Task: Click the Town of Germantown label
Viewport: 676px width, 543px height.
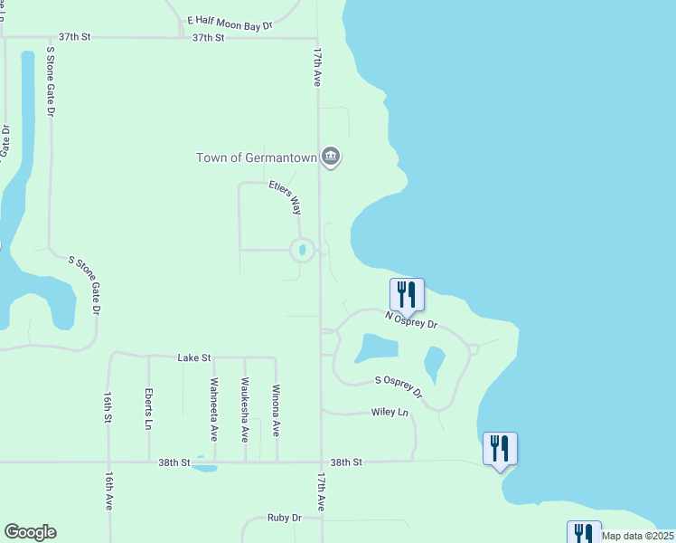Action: click(x=257, y=157)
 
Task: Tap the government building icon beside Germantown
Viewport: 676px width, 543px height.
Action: click(x=331, y=157)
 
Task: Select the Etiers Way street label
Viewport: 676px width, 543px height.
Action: click(x=285, y=197)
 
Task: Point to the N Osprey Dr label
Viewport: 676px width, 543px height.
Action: click(x=411, y=319)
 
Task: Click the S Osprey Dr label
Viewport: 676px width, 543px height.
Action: click(x=399, y=386)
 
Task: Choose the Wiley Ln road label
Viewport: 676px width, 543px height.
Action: click(x=390, y=413)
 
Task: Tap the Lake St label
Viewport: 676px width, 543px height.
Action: click(x=194, y=357)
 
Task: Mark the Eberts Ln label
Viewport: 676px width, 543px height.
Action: click(x=148, y=408)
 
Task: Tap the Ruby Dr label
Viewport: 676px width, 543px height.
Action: click(x=284, y=518)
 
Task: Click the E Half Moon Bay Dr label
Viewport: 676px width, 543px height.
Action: click(x=230, y=23)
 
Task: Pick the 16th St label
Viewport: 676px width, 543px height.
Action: click(x=108, y=407)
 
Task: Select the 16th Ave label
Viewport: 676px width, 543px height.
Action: click(x=108, y=491)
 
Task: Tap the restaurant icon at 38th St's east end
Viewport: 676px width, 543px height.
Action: click(x=500, y=448)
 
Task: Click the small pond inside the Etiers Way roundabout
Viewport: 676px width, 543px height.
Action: click(x=302, y=250)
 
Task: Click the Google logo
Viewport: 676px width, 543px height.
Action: click(x=30, y=532)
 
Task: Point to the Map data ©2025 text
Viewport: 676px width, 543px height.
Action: click(x=637, y=536)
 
